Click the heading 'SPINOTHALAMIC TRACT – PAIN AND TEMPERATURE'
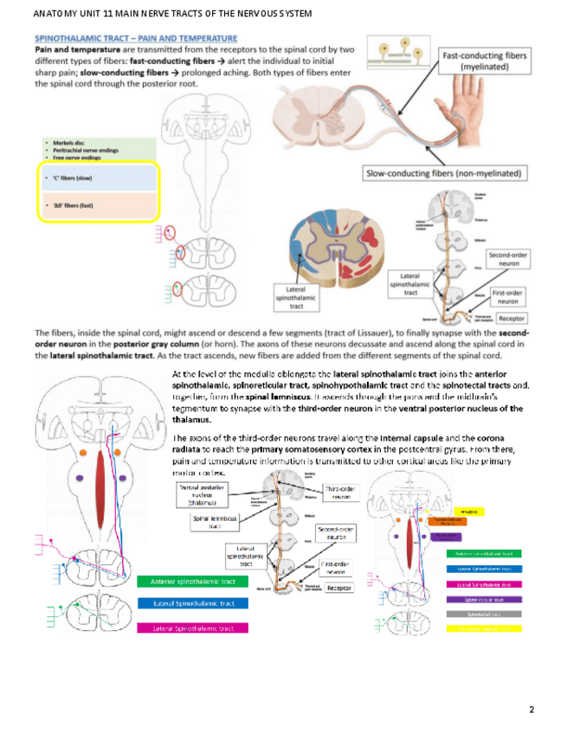135,39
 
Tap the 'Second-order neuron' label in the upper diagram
509,260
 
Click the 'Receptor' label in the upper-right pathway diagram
511,319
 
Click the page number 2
532,710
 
